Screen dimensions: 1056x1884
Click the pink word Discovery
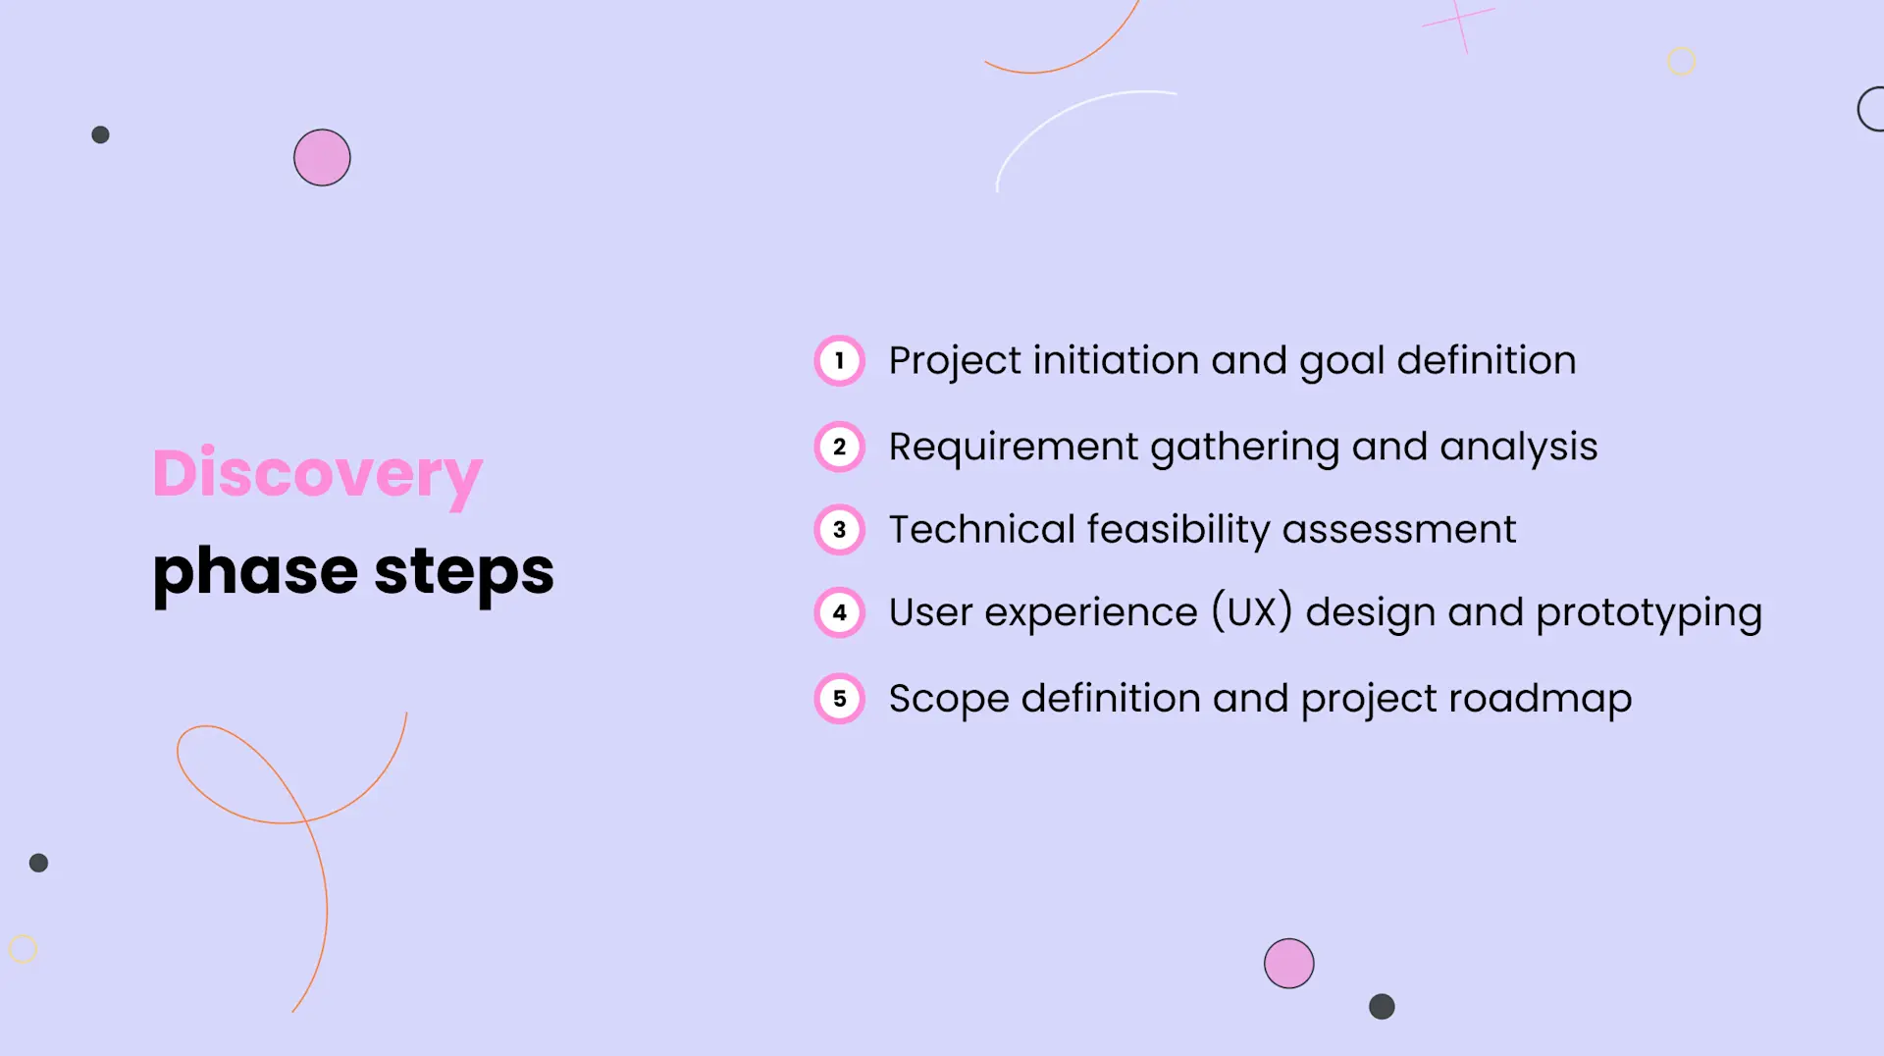click(317, 474)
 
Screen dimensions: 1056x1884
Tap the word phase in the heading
click(255, 572)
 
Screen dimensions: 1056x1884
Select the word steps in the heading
click(463, 572)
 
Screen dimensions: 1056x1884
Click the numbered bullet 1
click(839, 361)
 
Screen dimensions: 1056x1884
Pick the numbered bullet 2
click(839, 448)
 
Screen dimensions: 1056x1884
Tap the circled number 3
click(839, 530)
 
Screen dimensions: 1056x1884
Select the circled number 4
click(839, 613)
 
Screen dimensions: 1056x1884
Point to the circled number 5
click(839, 699)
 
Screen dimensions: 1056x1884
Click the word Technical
click(981, 530)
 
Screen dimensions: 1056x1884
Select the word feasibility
click(1177, 530)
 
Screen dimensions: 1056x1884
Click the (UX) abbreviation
click(1251, 612)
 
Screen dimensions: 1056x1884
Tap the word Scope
click(948, 700)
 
